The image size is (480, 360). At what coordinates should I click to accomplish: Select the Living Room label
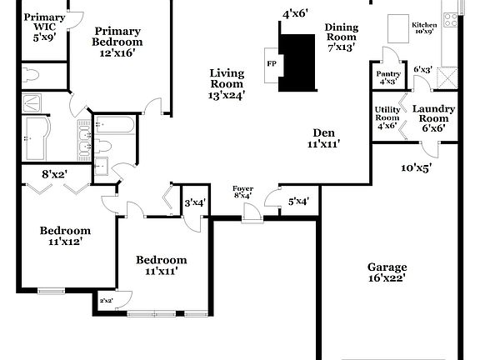pyautogui.click(x=227, y=83)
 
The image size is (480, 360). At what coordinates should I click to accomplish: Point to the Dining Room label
pyautogui.click(x=341, y=37)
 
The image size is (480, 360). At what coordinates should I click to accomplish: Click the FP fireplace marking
pyautogui.click(x=271, y=63)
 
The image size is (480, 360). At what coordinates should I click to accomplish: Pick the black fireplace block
pyautogui.click(x=297, y=58)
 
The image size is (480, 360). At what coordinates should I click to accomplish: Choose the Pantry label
pyautogui.click(x=389, y=77)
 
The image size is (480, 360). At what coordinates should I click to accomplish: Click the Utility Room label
pyautogui.click(x=387, y=117)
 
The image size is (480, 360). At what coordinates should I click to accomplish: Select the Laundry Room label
pyautogui.click(x=432, y=118)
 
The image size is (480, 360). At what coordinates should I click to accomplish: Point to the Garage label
pyautogui.click(x=387, y=272)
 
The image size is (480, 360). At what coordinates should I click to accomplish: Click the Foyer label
pyautogui.click(x=242, y=192)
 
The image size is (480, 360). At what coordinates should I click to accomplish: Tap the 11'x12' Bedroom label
pyautogui.click(x=67, y=236)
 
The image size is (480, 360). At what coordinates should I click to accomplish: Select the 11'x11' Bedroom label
pyautogui.click(x=162, y=265)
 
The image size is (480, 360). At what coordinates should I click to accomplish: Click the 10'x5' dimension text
pyautogui.click(x=417, y=167)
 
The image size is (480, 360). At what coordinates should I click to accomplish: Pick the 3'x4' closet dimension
pyautogui.click(x=195, y=202)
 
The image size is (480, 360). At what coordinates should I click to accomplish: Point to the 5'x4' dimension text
pyautogui.click(x=298, y=201)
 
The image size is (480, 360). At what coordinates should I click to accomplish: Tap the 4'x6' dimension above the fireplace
pyautogui.click(x=295, y=13)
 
